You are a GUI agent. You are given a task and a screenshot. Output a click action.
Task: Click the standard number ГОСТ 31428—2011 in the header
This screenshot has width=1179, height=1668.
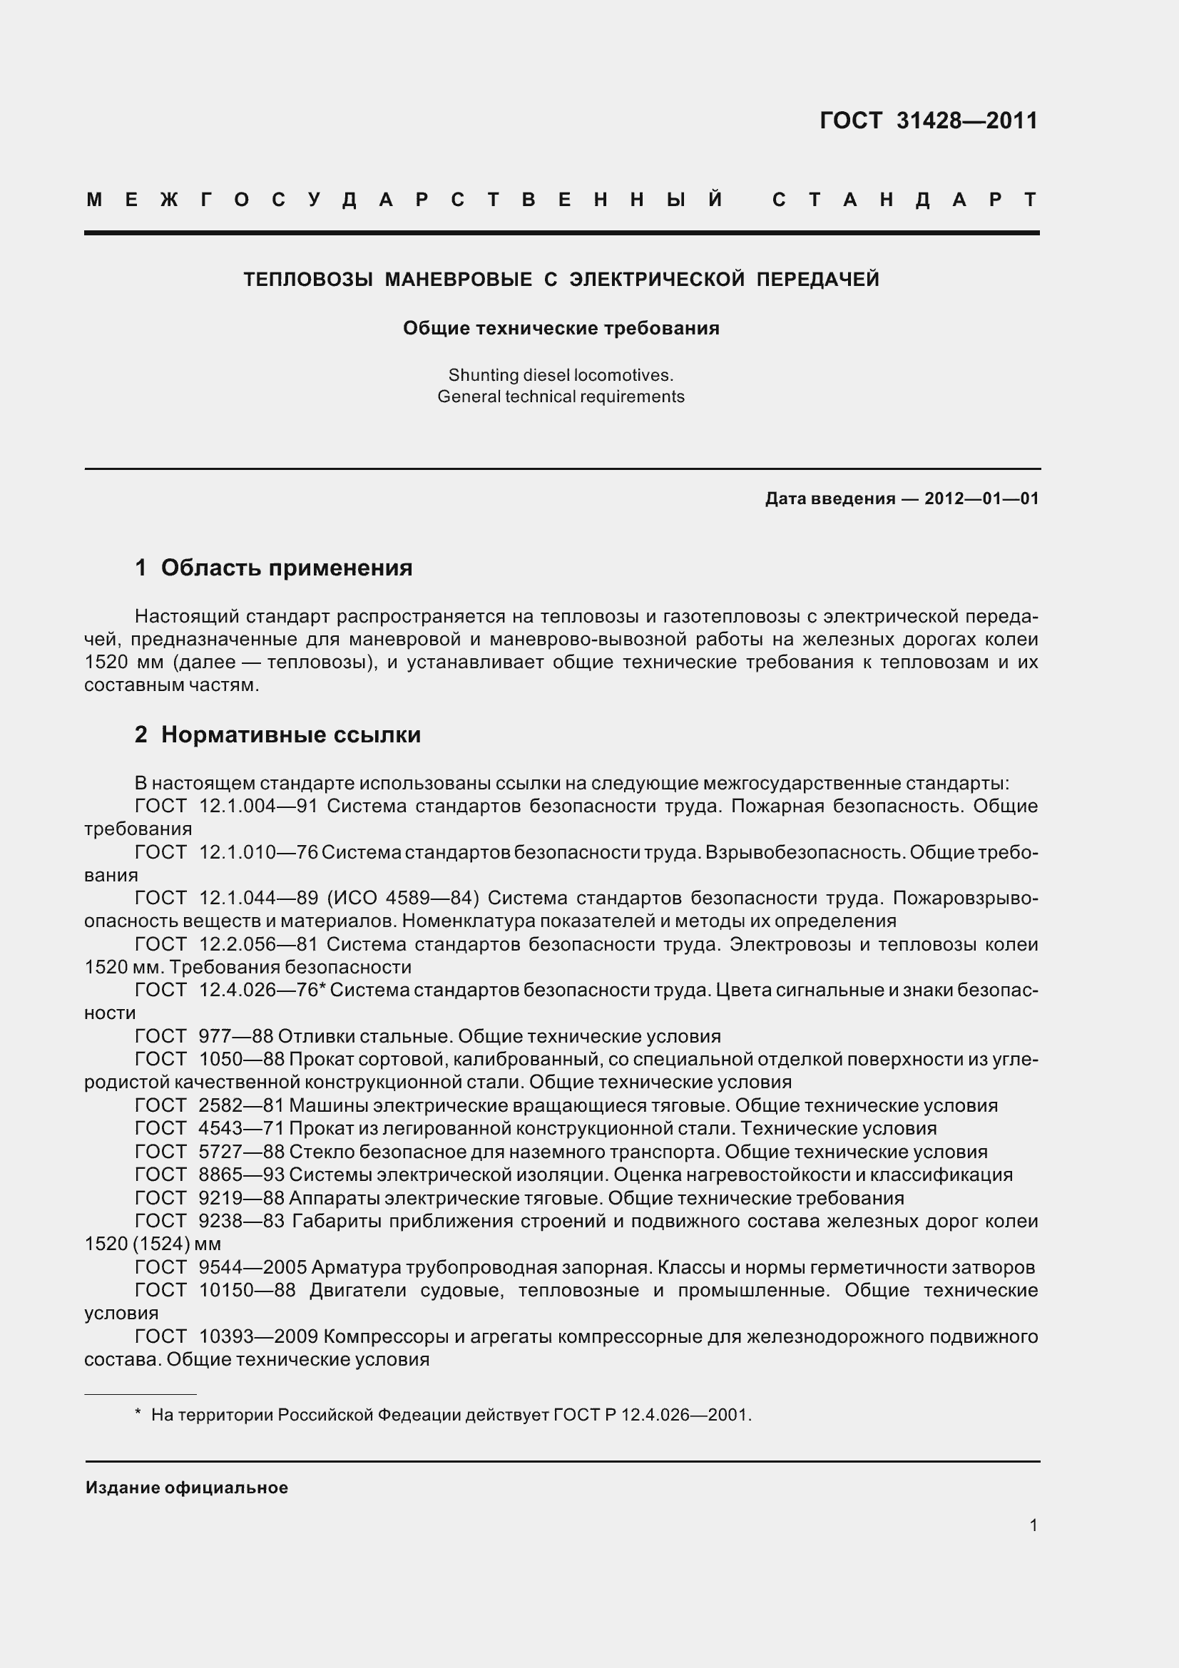point(929,121)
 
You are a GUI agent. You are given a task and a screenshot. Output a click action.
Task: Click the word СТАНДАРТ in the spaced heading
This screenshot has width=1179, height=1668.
point(904,200)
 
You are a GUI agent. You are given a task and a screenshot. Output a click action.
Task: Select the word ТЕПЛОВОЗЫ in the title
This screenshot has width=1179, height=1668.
point(308,280)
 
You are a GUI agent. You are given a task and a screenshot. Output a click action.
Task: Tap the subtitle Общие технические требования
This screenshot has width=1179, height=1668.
point(561,328)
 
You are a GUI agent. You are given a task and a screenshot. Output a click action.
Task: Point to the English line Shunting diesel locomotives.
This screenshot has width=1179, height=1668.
point(561,376)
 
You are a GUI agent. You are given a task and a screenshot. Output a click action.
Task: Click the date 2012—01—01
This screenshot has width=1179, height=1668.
point(981,498)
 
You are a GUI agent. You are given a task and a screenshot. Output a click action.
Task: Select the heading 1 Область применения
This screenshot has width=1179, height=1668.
point(274,568)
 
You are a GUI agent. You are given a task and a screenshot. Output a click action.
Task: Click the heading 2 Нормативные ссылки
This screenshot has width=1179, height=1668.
point(277,735)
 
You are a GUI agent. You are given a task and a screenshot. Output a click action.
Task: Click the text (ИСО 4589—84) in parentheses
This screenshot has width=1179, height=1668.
point(403,899)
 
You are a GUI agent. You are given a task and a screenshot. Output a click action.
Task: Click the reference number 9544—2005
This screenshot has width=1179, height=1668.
point(252,1268)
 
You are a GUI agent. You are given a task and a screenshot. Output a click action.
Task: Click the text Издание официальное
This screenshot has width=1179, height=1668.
point(187,1488)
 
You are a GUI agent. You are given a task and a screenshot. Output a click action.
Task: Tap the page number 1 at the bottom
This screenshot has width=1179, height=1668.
point(1033,1525)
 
